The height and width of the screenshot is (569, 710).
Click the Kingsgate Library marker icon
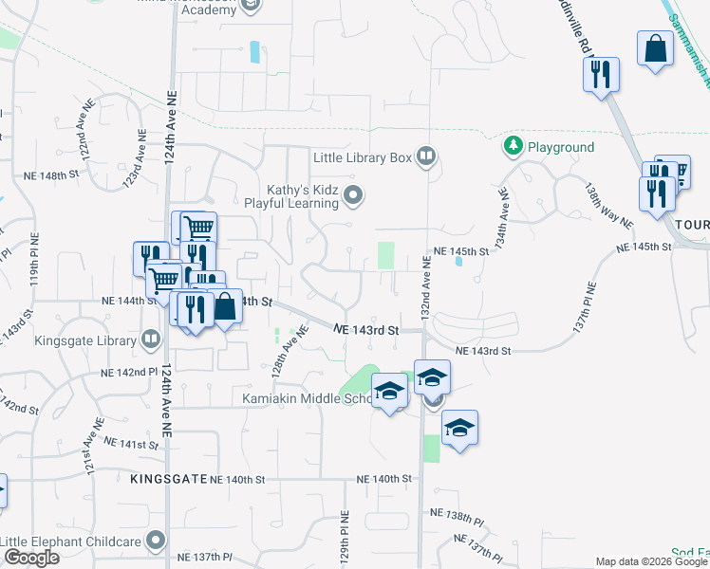(x=151, y=340)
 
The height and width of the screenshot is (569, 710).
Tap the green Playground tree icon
(x=514, y=147)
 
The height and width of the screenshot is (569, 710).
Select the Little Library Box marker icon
(x=427, y=156)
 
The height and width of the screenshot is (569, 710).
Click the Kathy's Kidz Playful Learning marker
(x=354, y=196)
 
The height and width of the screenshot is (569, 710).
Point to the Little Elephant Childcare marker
(x=157, y=541)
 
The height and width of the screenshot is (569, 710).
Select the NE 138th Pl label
(x=457, y=517)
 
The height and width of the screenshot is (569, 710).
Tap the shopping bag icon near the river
(x=656, y=50)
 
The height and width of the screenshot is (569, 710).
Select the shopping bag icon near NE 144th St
(x=225, y=307)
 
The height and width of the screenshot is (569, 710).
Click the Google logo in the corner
(x=31, y=558)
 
